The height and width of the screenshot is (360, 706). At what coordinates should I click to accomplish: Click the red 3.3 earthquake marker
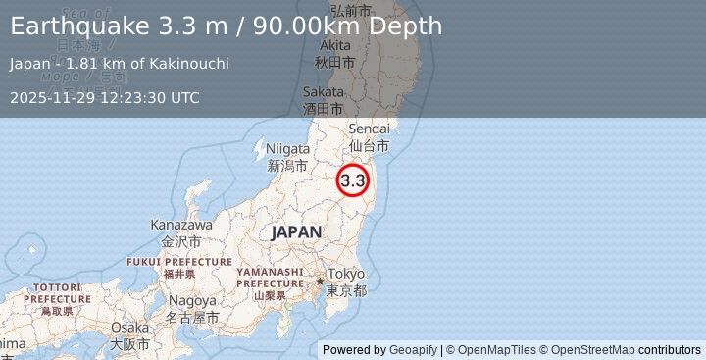pos(353,180)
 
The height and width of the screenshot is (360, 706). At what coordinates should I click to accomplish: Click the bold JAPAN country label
pos(295,232)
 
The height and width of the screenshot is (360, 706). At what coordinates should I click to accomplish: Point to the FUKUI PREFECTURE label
pos(179,262)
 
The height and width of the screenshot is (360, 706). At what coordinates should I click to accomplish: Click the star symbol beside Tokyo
pos(319,282)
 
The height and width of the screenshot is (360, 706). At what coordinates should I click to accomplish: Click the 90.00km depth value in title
pos(296,26)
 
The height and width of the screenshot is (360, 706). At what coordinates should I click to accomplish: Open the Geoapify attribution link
pos(412,350)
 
